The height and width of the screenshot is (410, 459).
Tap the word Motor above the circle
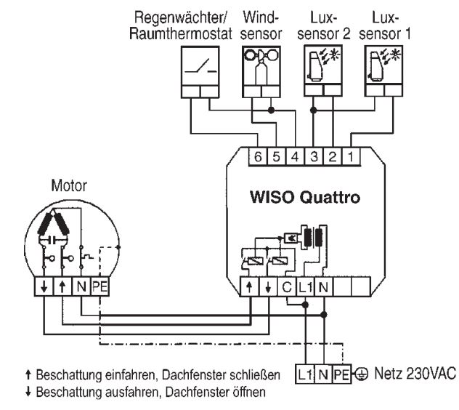pos(68,185)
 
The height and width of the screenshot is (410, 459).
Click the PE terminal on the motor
pos(100,287)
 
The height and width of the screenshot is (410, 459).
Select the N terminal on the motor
pos(81,287)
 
